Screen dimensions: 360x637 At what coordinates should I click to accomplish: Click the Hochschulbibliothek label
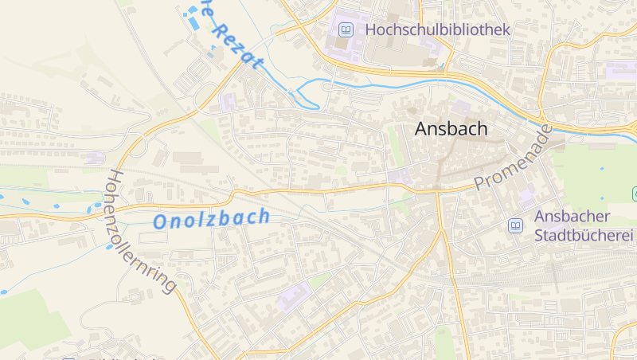437,29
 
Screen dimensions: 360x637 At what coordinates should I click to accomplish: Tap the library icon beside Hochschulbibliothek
346,30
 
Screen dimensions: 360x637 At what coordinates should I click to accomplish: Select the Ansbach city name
451,129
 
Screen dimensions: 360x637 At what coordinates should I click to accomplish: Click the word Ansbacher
572,217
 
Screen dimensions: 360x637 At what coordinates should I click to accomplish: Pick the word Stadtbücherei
583,235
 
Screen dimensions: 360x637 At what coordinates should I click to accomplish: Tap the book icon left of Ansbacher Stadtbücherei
516,226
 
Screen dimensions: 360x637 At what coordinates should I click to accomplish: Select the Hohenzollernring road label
140,231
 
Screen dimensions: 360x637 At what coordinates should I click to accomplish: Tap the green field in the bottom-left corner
28,319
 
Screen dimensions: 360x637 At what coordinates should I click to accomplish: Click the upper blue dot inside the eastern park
602,169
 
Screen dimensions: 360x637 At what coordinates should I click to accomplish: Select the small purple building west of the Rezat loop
229,101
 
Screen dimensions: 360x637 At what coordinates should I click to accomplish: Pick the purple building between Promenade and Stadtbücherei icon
526,194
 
